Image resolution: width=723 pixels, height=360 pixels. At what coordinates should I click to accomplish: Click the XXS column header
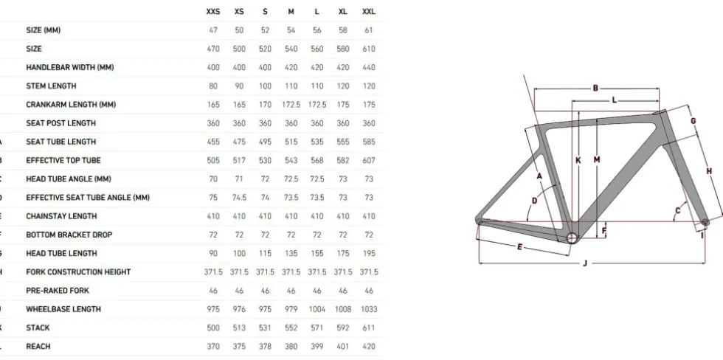click(213, 12)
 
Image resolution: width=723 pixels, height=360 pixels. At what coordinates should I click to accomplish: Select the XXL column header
click(369, 12)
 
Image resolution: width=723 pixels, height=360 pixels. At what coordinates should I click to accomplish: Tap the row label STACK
click(38, 328)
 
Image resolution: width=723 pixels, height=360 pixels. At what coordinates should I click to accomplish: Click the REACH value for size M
click(291, 346)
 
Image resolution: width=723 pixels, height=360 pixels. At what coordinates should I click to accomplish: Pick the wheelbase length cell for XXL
click(369, 309)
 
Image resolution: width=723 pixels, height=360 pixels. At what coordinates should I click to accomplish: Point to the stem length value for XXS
click(213, 86)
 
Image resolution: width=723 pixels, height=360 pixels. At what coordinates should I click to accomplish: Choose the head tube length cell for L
click(316, 253)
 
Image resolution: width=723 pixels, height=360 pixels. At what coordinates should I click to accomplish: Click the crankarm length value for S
click(265, 105)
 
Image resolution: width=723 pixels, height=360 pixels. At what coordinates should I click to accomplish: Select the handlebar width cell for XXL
click(369, 67)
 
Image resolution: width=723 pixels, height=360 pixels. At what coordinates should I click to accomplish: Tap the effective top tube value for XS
click(239, 160)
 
